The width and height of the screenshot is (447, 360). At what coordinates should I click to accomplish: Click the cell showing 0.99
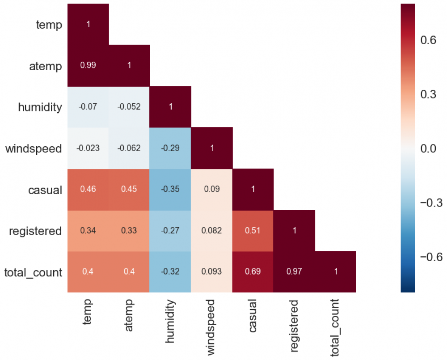[x=88, y=65]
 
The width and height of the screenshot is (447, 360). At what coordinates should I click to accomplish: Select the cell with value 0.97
[x=294, y=272]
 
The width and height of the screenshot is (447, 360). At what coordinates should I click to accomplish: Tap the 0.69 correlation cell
[x=253, y=272]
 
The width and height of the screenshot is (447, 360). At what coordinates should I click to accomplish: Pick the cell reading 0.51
[x=253, y=231]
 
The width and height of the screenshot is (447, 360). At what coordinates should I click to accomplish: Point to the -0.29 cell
[x=170, y=148]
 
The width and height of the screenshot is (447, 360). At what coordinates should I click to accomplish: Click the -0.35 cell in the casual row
[x=170, y=189]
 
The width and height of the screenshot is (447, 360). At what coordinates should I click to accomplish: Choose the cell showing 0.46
[x=88, y=189]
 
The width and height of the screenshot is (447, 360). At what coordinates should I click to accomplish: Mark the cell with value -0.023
[x=88, y=148]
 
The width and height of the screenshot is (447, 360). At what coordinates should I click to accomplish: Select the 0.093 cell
[x=212, y=272]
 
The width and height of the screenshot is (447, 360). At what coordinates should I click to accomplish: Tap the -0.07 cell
[x=88, y=107]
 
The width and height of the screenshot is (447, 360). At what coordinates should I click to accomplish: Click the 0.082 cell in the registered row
[x=212, y=231]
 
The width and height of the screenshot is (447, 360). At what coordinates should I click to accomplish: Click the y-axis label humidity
[x=40, y=107]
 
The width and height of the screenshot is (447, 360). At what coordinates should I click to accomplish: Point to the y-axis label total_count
[x=33, y=272]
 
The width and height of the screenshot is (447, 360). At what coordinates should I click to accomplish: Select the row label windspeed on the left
[x=34, y=148]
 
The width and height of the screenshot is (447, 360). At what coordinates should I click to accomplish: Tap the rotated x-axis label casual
[x=253, y=315]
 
